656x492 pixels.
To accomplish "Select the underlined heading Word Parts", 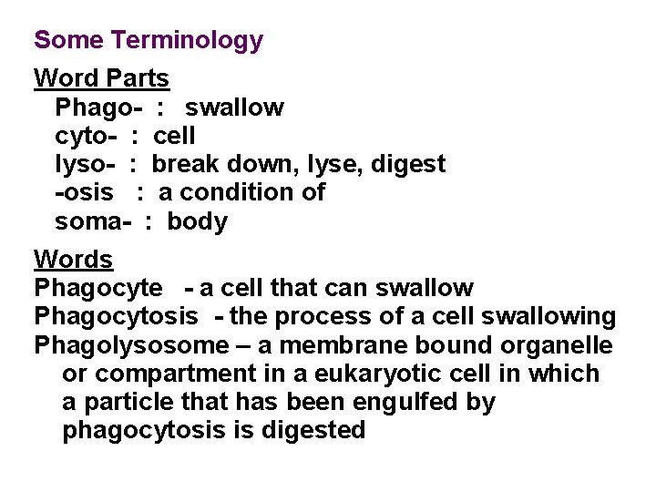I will (101, 78).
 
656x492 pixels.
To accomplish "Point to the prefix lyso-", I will (85, 164).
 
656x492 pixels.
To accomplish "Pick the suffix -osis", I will (85, 192).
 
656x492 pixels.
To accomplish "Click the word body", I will (197, 221).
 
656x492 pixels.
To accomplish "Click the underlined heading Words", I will (74, 259).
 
